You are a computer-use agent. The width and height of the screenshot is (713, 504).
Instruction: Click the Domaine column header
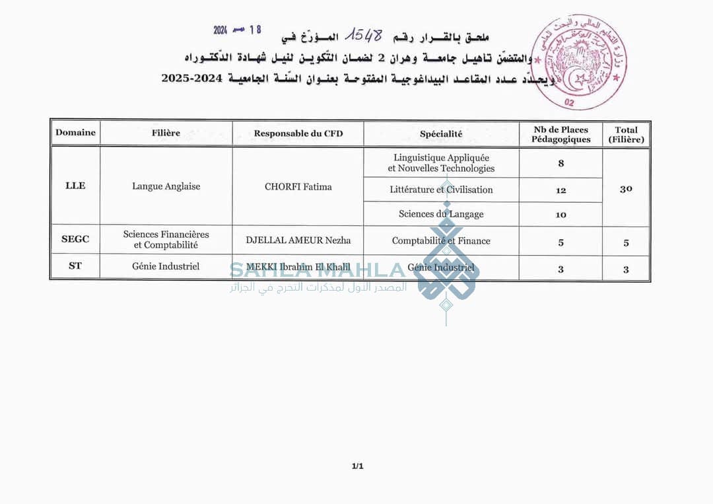(x=75, y=133)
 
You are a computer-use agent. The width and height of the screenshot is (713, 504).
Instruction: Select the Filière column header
(x=166, y=133)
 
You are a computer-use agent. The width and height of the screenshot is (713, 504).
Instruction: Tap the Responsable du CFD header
(x=298, y=133)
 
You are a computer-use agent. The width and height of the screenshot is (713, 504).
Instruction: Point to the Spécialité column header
(x=441, y=134)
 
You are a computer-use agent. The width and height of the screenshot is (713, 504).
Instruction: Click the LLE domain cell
(x=75, y=186)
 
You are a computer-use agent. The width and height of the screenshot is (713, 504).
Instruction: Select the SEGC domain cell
(x=75, y=239)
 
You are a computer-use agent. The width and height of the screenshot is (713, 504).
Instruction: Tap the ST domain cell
(x=75, y=266)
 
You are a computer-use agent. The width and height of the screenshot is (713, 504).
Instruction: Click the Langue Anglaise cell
(x=166, y=186)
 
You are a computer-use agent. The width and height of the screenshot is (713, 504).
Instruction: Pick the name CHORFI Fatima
(x=298, y=187)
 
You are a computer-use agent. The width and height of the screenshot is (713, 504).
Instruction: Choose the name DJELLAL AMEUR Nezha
(x=298, y=240)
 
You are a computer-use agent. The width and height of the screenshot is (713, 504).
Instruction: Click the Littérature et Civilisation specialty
(x=441, y=190)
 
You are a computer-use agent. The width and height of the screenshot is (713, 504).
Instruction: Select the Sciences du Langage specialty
(x=441, y=214)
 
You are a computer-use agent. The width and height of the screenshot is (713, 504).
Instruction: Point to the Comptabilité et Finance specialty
(x=441, y=241)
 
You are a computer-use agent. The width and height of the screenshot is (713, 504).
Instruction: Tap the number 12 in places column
(x=560, y=190)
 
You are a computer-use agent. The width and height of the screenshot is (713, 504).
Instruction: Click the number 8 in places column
(x=560, y=163)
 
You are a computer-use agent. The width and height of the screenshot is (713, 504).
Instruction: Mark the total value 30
(x=626, y=189)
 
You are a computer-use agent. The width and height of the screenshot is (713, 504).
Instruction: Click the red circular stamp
(x=579, y=62)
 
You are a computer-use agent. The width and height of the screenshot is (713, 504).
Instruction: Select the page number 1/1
(x=357, y=466)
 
